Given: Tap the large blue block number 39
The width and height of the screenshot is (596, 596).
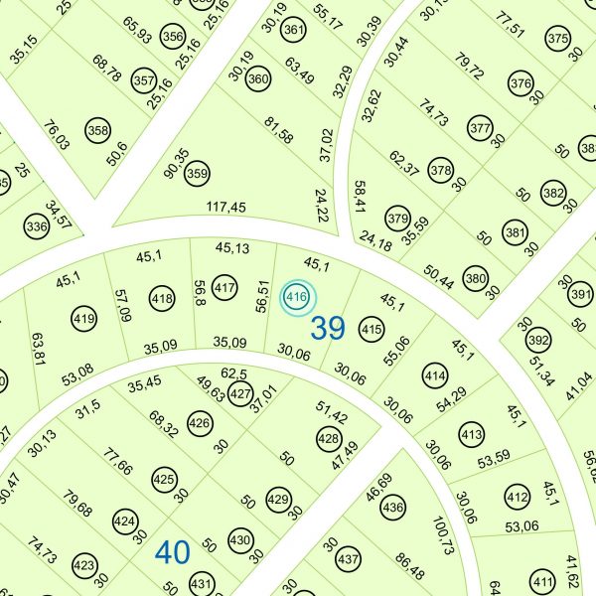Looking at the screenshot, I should coord(328,328).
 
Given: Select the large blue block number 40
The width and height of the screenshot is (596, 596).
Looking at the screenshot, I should coord(172,551).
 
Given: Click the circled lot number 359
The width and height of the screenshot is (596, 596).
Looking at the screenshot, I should coord(198,172).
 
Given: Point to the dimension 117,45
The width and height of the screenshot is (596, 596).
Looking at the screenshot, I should coord(225,208).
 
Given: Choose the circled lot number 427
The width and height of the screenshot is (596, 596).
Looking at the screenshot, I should coord(240,393).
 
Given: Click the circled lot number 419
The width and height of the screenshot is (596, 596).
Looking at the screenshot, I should coord(83,319).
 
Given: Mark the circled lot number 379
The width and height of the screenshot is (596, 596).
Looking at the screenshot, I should coord(398,219).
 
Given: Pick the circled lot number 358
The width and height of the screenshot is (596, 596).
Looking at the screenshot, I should coord(97,130).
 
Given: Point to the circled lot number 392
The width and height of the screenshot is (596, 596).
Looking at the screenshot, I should coord(537,340).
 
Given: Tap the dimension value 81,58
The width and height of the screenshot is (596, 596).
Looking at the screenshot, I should coord(280,129).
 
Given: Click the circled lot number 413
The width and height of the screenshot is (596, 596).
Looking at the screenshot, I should coord(471,435).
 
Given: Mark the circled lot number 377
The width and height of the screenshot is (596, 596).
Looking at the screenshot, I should coord(481,128).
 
